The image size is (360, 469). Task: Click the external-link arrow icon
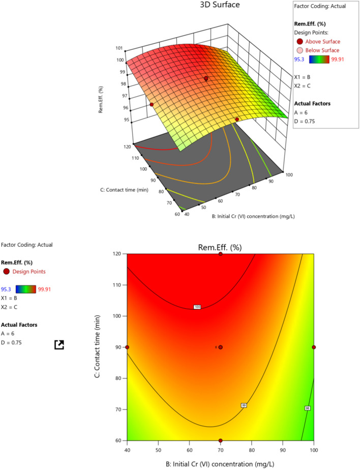[x=59, y=345]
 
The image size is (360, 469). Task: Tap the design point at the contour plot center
[x=220, y=347]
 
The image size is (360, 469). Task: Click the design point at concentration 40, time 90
[x=127, y=347]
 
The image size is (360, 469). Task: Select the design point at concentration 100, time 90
[x=314, y=347]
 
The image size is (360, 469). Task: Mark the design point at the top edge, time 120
[x=220, y=254]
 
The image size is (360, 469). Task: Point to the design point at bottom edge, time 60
[x=220, y=441]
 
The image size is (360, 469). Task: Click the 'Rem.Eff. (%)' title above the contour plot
[x=220, y=247]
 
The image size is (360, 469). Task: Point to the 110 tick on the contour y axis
[x=117, y=285]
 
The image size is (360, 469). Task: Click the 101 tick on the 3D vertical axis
[x=118, y=48]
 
